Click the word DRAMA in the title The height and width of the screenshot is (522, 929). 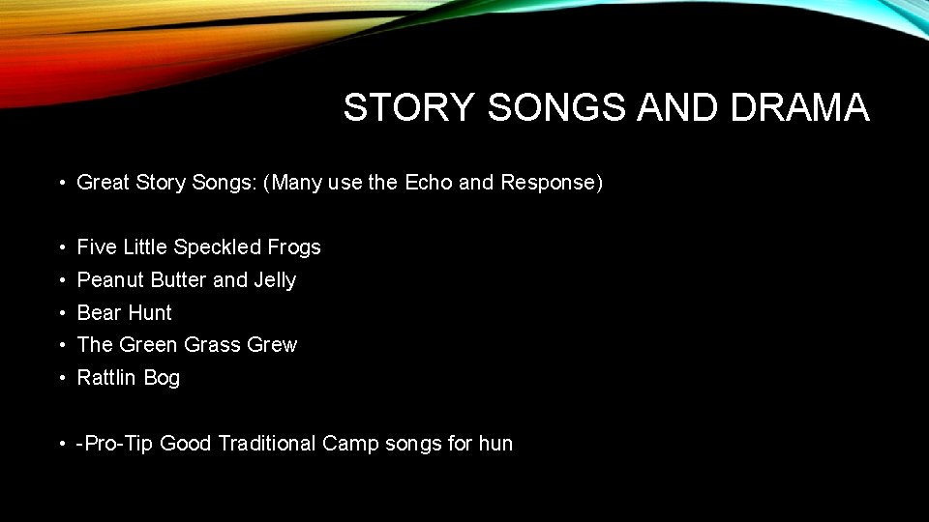(x=800, y=107)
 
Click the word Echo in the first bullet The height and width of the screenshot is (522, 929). (x=429, y=183)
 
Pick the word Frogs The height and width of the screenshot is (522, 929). (x=294, y=247)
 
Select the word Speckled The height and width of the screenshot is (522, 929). (x=218, y=247)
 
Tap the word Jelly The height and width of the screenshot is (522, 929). (x=275, y=280)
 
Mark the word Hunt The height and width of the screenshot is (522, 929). (x=149, y=313)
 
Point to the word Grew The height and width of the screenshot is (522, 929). (x=274, y=345)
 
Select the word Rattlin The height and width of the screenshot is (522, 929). (x=107, y=378)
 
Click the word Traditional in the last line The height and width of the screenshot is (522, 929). (x=267, y=444)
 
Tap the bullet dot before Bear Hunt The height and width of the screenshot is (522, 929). (x=61, y=313)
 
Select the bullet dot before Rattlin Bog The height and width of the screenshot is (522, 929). (x=61, y=378)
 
